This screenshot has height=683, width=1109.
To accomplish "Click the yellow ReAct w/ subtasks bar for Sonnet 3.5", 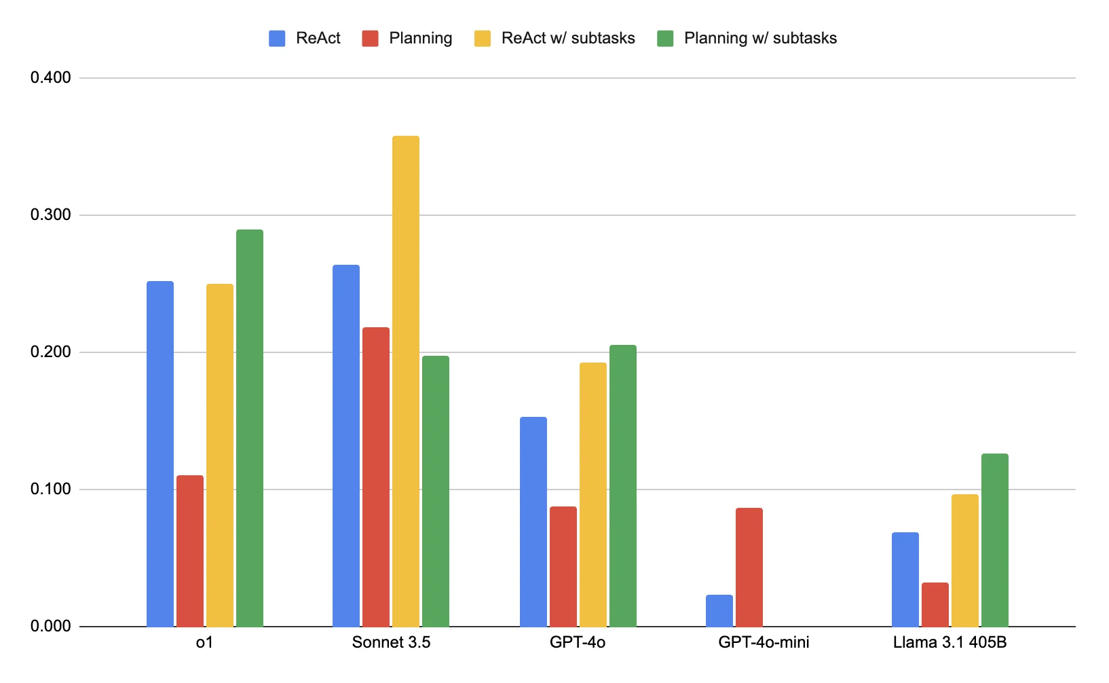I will pos(405,380).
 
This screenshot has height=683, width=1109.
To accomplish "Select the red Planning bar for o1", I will pos(189,550).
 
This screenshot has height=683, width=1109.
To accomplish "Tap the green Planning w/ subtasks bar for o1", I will pos(249,428).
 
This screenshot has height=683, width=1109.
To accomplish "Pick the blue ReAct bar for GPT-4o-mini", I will pos(719,610).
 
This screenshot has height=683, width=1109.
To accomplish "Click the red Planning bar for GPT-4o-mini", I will pos(749,567).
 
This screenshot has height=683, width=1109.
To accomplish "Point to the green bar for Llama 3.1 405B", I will pos(994,540).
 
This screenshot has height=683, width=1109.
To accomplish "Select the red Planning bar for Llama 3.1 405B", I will pos(935,604).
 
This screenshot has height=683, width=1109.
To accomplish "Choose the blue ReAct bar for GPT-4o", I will pos(533,521).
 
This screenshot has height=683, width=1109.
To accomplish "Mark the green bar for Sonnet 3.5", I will pos(435,491).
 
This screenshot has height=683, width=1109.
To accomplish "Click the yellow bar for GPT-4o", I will pos(593,494).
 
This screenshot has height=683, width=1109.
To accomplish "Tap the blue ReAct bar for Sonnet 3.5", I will pos(345,445).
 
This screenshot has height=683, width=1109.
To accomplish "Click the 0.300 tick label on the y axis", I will pos(51,215).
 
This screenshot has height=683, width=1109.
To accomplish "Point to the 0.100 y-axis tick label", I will pos(51,490).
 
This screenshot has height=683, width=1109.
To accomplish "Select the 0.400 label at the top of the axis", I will pos(51,78).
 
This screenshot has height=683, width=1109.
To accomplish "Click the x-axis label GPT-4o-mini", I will pos(764,642).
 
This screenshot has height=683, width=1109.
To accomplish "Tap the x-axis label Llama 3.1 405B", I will pos(950,642).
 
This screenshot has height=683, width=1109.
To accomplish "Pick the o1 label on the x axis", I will pos(204,642).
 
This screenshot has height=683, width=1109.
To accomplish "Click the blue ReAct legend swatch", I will pos(277,39).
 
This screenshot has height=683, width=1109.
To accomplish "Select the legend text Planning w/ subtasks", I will pos(760,38).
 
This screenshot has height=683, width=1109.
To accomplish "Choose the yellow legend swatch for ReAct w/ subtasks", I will pos(482,39).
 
